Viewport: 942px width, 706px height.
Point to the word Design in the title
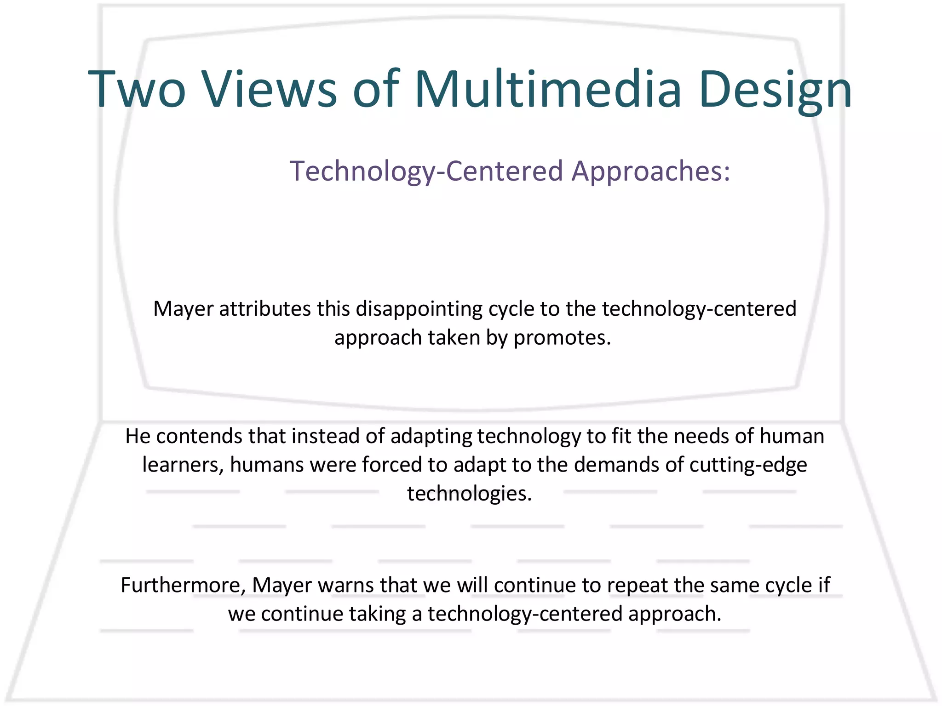click(x=775, y=90)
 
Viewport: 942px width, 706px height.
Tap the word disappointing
click(x=419, y=309)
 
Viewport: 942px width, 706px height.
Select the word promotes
click(x=562, y=338)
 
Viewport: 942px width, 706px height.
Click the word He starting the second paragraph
click(x=138, y=436)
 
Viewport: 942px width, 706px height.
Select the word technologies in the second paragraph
click(x=469, y=494)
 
